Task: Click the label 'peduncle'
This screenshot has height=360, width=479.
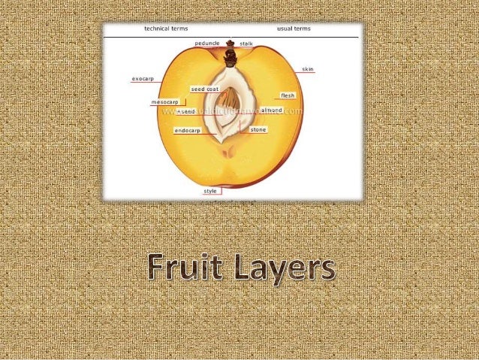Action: [x=206, y=44]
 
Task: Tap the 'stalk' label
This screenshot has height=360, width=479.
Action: [x=246, y=44]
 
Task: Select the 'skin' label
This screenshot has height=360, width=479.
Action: [x=308, y=69]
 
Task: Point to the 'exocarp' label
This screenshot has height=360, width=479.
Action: [x=142, y=77]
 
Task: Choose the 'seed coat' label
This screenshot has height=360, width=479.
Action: [x=204, y=89]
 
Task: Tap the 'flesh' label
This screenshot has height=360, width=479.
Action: [x=288, y=96]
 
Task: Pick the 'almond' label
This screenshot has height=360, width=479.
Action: [x=272, y=110]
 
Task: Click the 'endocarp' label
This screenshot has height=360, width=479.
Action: [x=187, y=131]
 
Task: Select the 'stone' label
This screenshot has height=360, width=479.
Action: [x=258, y=130]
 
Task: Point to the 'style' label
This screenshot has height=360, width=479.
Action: [x=211, y=191]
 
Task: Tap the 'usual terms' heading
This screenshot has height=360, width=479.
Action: [x=294, y=29]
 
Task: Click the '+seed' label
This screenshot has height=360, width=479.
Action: [x=185, y=111]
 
